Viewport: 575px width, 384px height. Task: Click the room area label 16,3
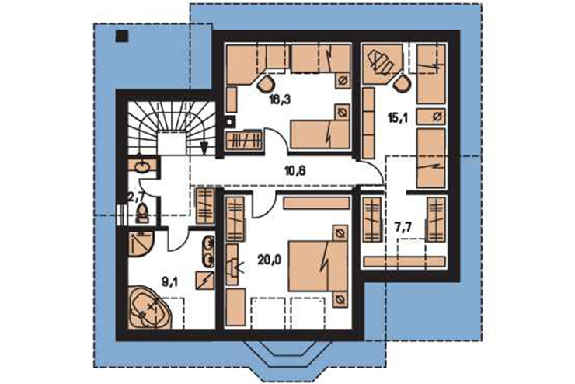pyautogui.click(x=280, y=99)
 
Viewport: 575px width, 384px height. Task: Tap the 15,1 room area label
pyautogui.click(x=398, y=117)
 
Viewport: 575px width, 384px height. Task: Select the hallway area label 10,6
pyautogui.click(x=295, y=170)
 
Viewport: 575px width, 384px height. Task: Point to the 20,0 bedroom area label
pyautogui.click(x=269, y=260)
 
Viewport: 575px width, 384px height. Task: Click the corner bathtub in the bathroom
pyautogui.click(x=150, y=306)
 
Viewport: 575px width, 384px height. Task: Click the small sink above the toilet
pyautogui.click(x=142, y=166)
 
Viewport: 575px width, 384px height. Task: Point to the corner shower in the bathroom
pyautogui.click(x=141, y=243)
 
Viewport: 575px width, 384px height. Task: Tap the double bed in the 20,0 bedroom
pyautogui.click(x=318, y=266)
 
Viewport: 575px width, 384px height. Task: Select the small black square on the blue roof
pyautogui.click(x=121, y=36)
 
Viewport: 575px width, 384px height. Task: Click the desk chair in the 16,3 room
pyautogui.click(x=266, y=84)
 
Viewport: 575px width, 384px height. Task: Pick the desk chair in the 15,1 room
pyautogui.click(x=403, y=83)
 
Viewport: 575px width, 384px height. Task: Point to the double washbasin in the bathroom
pyautogui.click(x=209, y=251)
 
